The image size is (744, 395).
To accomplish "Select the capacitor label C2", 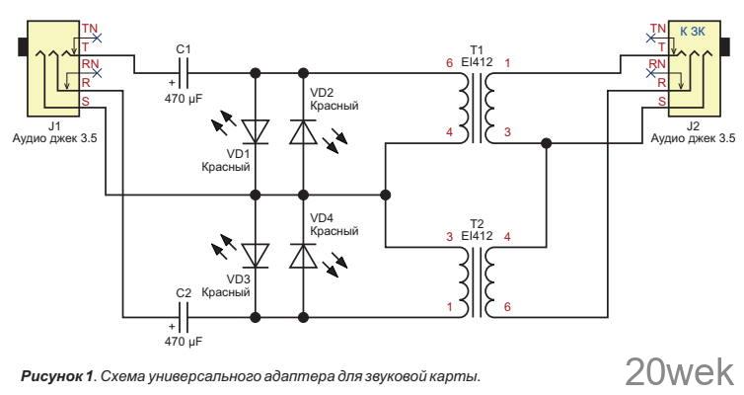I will (x=183, y=294).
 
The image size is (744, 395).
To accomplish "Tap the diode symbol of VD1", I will (x=256, y=129).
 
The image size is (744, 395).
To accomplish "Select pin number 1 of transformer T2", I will (x=449, y=307).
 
